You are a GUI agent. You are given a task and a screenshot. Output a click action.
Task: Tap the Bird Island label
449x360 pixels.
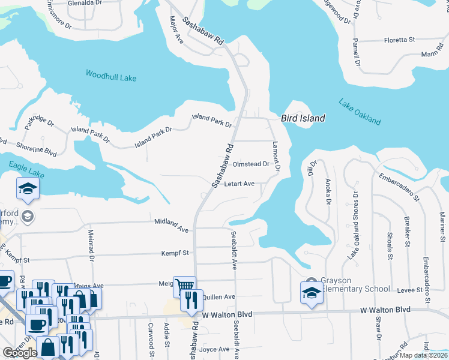(x=303, y=118)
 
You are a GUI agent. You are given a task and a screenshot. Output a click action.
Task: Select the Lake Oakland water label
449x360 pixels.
(x=360, y=112)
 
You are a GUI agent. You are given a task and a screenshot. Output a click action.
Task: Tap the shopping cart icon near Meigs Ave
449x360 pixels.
(x=184, y=286)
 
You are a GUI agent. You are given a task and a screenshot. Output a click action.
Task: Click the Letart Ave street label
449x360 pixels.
(x=240, y=184)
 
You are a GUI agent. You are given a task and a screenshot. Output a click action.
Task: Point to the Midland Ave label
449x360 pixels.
(x=171, y=225)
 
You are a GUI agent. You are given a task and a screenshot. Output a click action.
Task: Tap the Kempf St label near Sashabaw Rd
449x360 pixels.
(x=175, y=253)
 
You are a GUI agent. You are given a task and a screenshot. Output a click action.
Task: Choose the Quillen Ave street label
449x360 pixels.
(x=218, y=296)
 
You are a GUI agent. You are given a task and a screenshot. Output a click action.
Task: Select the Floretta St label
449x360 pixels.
(x=400, y=40)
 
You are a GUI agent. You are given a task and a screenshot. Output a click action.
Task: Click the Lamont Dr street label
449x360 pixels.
(x=276, y=155)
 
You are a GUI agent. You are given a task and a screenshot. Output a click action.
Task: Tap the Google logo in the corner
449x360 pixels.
(x=20, y=353)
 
